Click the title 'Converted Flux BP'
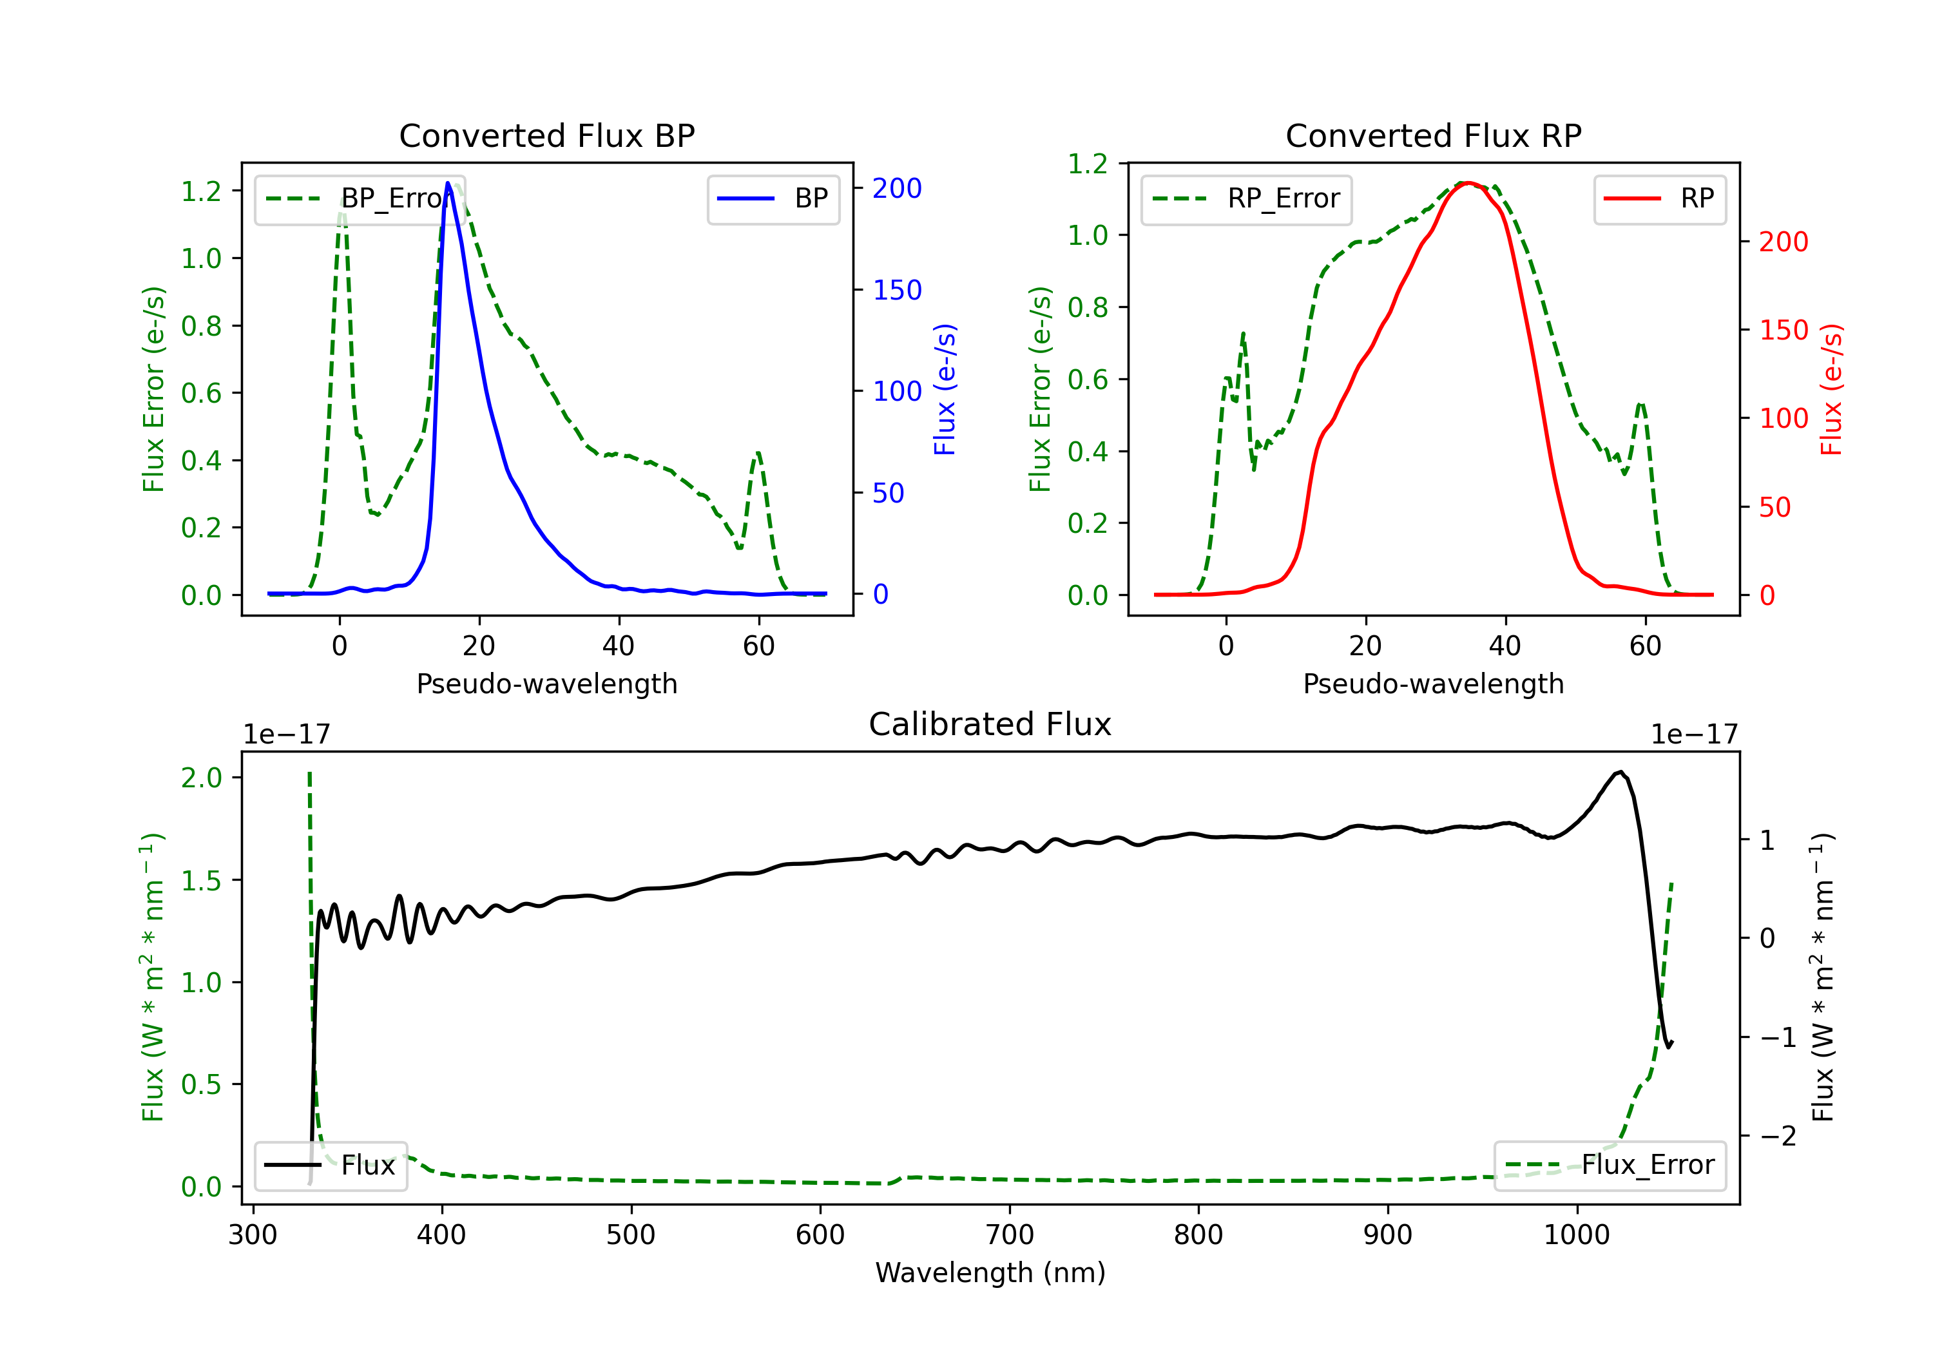click(x=546, y=135)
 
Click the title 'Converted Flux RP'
click(x=1433, y=135)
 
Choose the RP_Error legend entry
click(x=1246, y=198)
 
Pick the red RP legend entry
click(x=1659, y=198)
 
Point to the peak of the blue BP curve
click(x=448, y=183)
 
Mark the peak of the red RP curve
click(x=1467, y=183)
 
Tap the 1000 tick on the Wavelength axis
click(x=1576, y=1235)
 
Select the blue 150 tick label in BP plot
click(x=897, y=291)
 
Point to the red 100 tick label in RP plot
click(x=1783, y=418)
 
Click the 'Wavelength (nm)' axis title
click(x=990, y=1272)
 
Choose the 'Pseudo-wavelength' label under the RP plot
click(x=1433, y=684)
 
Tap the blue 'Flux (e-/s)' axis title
click(x=945, y=389)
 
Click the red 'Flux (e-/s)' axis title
click(x=1831, y=389)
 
